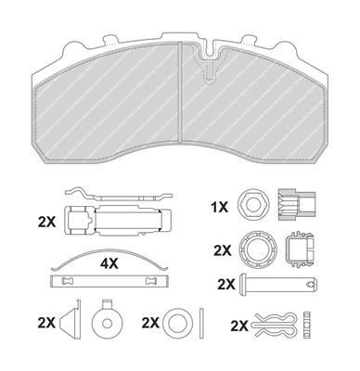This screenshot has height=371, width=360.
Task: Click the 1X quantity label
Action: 219,207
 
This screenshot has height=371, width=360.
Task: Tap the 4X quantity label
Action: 109,263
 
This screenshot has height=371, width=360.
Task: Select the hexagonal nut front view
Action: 251,204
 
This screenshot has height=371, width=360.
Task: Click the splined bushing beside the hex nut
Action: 297,204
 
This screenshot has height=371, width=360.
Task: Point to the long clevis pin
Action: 279,284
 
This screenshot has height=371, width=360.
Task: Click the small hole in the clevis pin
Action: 311,284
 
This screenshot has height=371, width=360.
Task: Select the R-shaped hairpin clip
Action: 276,325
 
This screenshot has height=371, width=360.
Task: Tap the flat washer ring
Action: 176,324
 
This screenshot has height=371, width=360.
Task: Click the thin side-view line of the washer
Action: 201,324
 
